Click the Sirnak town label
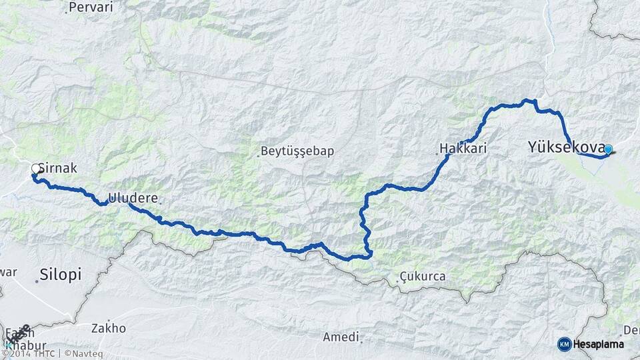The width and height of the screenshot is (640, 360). click(x=59, y=169)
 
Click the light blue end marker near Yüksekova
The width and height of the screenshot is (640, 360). click(x=607, y=150)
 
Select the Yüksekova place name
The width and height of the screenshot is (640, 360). click(x=566, y=147)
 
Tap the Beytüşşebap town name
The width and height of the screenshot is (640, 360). click(x=298, y=151)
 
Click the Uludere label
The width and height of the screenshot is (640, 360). click(x=133, y=199)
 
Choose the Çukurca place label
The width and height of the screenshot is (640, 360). click(x=423, y=276)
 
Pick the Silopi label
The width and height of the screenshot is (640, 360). click(x=60, y=274)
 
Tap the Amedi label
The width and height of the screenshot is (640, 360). click(x=341, y=337)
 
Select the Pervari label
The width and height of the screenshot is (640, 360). click(x=91, y=7)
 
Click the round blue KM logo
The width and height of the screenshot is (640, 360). click(x=564, y=344)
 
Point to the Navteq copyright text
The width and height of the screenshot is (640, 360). click(x=85, y=353)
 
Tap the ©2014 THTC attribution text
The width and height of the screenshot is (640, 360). click(x=27, y=353)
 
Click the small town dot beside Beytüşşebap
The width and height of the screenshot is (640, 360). click(x=259, y=156)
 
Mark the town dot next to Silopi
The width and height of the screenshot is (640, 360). click(x=37, y=281)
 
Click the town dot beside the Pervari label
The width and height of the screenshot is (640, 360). click(x=67, y=11)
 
